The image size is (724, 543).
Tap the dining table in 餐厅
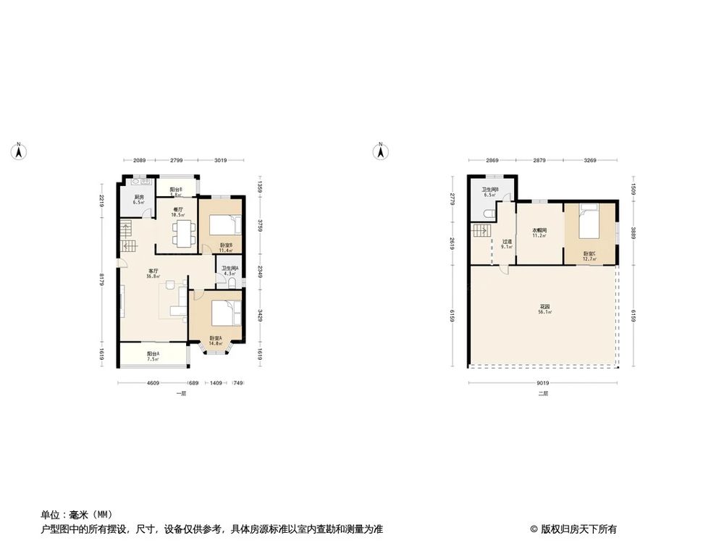(182, 233)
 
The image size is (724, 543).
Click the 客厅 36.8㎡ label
(153, 274)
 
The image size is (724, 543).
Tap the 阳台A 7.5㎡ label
(153, 356)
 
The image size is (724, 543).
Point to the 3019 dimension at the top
(221, 161)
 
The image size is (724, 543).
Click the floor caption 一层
(181, 394)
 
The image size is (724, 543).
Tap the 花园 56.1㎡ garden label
(544, 309)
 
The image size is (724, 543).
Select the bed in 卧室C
(589, 223)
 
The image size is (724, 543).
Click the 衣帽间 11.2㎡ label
(539, 233)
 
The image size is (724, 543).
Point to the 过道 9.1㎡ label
(507, 244)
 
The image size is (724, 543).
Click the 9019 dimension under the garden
(544, 384)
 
